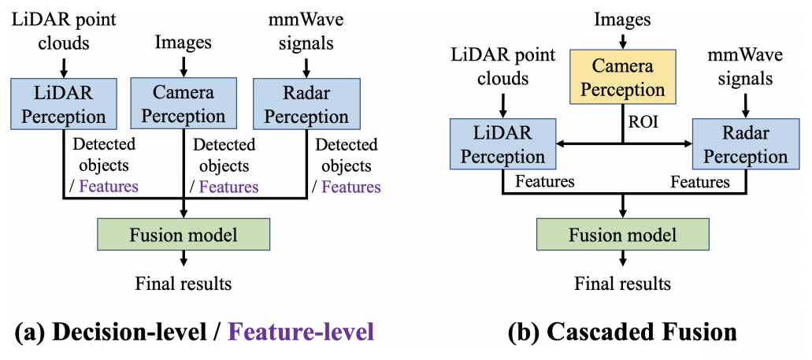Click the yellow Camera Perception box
tap(622, 77)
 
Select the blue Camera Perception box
tap(184, 103)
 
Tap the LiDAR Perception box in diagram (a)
tap(63, 103)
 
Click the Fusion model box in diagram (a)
tap(184, 235)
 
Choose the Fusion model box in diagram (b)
tap(622, 235)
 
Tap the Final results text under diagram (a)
tap(184, 284)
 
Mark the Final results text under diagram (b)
tap(622, 284)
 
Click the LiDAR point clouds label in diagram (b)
tap(502, 67)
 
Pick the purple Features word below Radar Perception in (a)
tap(350, 186)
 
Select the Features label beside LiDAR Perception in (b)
tap(543, 182)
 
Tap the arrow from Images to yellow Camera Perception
tap(622, 40)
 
